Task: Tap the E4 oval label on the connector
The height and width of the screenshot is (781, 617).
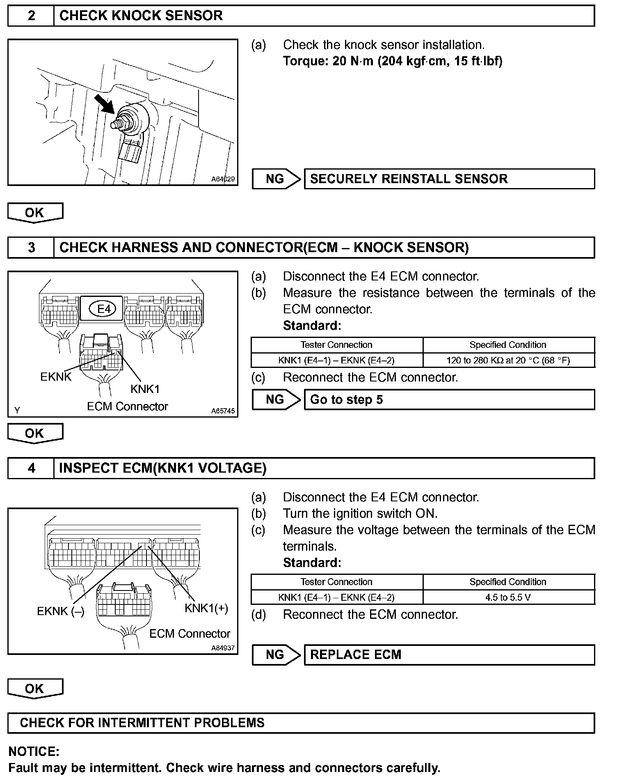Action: [104, 308]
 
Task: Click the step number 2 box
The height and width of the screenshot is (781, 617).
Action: [31, 16]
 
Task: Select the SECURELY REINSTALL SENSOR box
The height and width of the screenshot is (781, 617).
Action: [449, 179]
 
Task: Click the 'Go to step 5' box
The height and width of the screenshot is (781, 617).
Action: [449, 400]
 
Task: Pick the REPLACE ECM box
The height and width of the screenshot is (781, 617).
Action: [449, 655]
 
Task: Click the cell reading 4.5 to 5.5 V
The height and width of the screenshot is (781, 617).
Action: [508, 597]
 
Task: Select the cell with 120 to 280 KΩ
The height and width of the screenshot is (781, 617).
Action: [508, 361]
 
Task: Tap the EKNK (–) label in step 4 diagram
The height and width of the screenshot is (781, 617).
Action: [61, 611]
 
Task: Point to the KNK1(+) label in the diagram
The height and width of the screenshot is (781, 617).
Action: [206, 608]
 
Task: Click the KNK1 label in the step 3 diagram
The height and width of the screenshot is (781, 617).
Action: [145, 388]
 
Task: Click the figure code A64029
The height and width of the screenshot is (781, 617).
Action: [223, 179]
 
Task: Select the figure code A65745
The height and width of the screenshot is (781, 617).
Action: [223, 411]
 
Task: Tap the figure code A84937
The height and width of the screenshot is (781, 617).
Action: [223, 648]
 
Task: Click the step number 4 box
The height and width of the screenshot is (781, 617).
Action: [31, 468]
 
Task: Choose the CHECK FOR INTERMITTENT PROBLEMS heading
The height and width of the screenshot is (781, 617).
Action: [142, 723]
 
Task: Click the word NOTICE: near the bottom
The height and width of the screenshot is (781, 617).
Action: [34, 752]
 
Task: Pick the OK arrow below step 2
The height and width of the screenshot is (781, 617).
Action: [35, 213]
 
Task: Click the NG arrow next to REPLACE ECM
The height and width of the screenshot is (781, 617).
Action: [276, 655]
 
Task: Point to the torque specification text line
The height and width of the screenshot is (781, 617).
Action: [393, 61]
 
